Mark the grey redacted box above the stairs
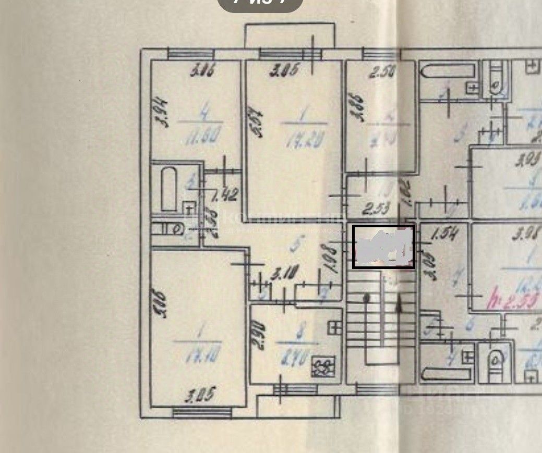point(384,247)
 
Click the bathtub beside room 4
point(168,188)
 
